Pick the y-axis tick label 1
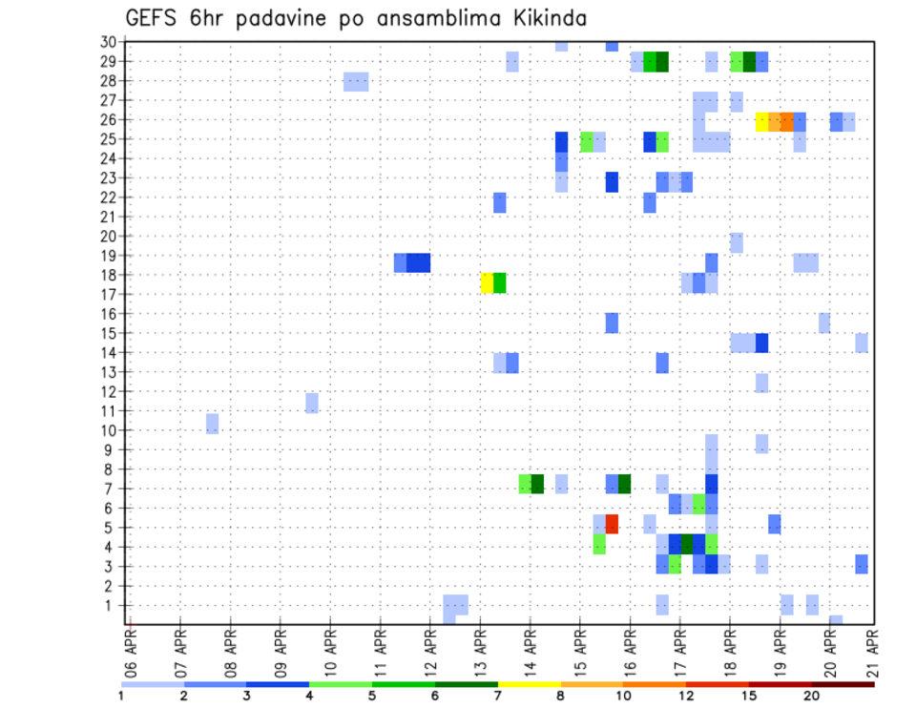pos(112,605)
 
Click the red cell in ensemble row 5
pos(612,524)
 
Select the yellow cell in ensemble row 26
pos(761,121)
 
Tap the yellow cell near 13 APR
pos(487,282)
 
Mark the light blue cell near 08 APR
pos(212,423)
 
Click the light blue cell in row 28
pos(356,81)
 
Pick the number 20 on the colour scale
pos(811,696)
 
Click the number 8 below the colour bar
pos(561,696)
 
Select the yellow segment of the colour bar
pos(530,684)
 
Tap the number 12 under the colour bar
pos(686,696)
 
